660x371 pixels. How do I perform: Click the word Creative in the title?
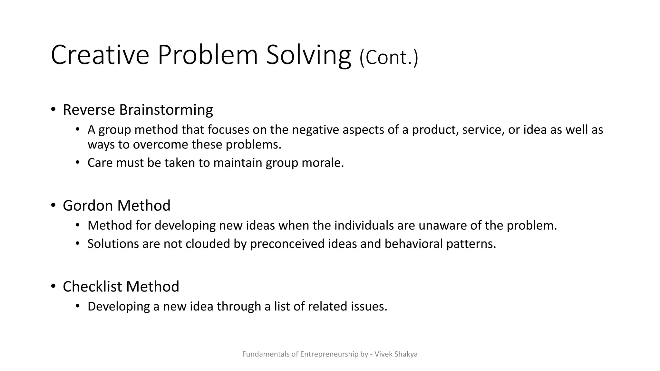[x=100, y=55]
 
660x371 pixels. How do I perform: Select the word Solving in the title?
[x=308, y=55]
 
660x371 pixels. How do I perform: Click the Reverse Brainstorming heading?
[x=138, y=110]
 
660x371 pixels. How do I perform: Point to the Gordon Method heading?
[x=116, y=205]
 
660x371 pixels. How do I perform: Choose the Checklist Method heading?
[x=121, y=286]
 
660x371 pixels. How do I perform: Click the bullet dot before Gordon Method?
[x=53, y=205]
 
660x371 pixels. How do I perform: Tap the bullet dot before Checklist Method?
[x=53, y=286]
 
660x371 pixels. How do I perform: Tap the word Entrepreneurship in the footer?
[x=329, y=354]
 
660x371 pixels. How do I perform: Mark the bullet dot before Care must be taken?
[x=77, y=162]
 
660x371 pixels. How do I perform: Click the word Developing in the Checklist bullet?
[x=119, y=306]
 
